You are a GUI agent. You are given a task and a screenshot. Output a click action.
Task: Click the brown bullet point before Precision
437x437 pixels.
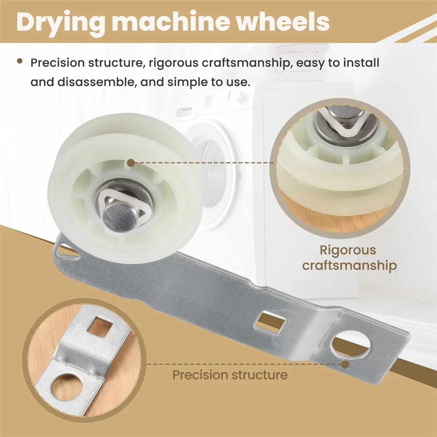pyautogui.click(x=20, y=62)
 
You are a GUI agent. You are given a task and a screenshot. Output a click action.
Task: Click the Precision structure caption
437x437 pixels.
pyautogui.click(x=230, y=375)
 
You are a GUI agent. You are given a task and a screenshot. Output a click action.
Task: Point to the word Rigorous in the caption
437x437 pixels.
pyautogui.click(x=347, y=250)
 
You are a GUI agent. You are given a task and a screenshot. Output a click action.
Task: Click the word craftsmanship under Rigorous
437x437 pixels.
pyautogui.click(x=349, y=265)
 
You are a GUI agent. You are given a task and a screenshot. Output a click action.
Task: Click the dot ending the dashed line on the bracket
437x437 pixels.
pyautogui.click(x=345, y=364)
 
